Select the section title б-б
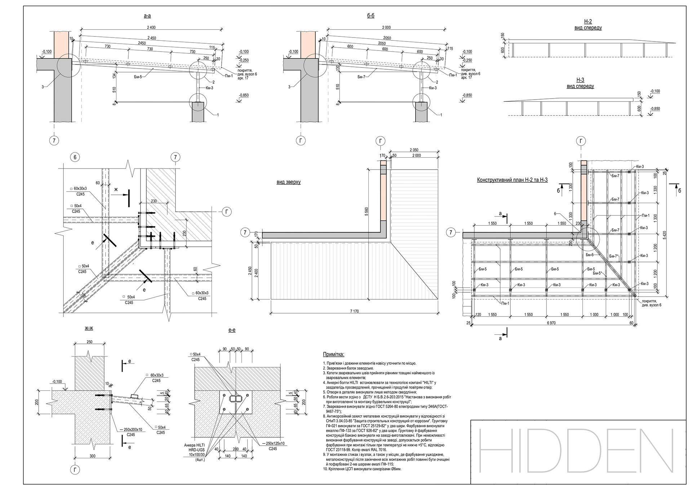pos(371,16)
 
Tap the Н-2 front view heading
pos(588,25)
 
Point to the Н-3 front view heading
pos(580,83)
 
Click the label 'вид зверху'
pos(288,182)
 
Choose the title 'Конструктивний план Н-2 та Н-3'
pos(512,180)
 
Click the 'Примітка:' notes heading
pos(333,355)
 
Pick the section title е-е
pos(232,330)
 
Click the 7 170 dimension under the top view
pos(354,311)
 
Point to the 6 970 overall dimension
pos(551,323)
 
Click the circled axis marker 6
pos(75,157)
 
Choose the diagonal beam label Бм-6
pos(589,255)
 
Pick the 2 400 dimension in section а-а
pos(151,27)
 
